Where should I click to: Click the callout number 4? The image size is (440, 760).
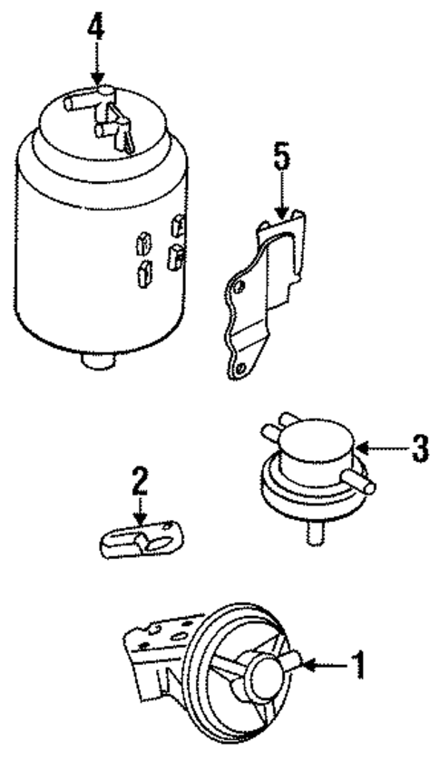(95, 26)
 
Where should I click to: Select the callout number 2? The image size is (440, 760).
(139, 481)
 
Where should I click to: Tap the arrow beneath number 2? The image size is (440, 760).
(139, 513)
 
